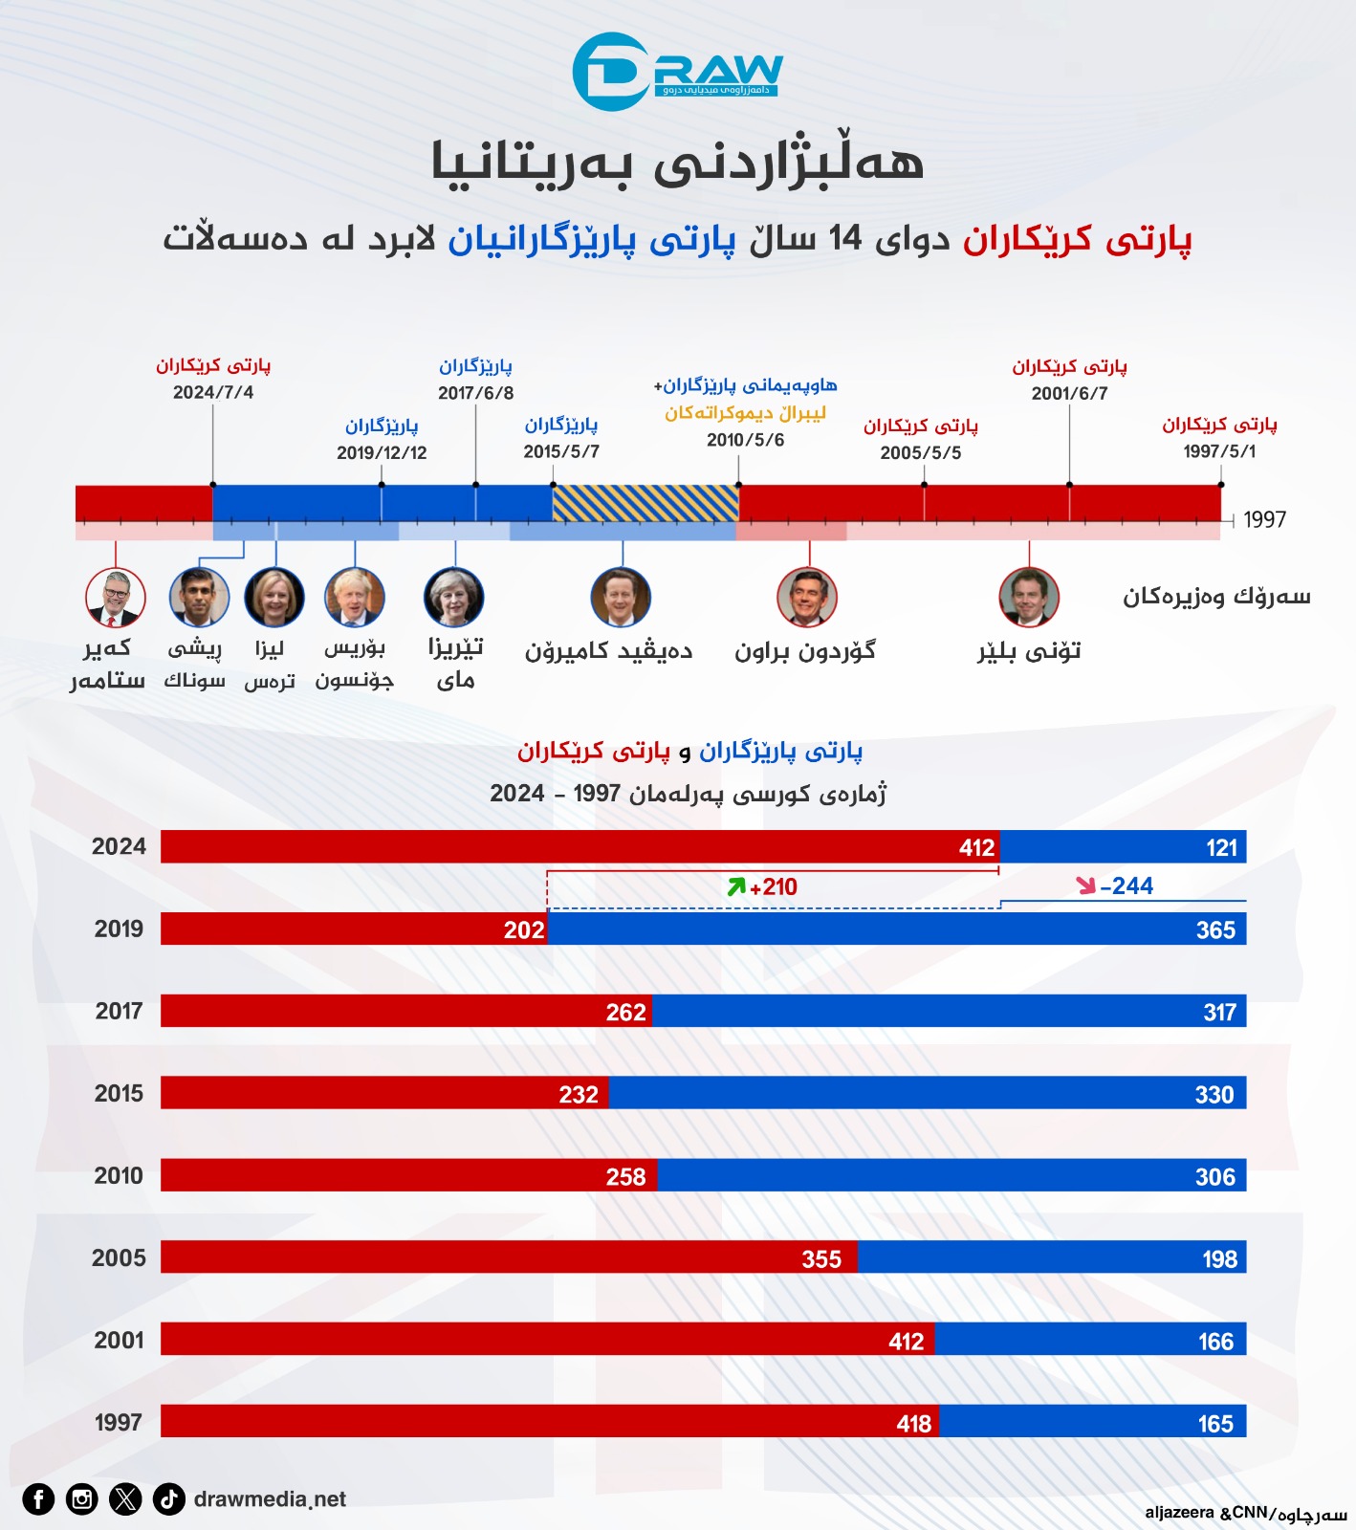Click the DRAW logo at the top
pyautogui.click(x=677, y=71)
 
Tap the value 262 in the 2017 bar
pyautogui.click(x=625, y=1012)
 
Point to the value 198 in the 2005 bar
pyautogui.click(x=1219, y=1258)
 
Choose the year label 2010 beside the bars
pyautogui.click(x=119, y=1175)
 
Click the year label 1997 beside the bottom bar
pyautogui.click(x=119, y=1422)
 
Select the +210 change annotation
pyautogui.click(x=774, y=887)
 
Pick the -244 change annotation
pyautogui.click(x=1126, y=886)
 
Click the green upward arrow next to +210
pyautogui.click(x=735, y=886)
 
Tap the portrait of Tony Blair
pyautogui.click(x=1029, y=597)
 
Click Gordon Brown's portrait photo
pyautogui.click(x=807, y=597)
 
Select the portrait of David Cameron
pyautogui.click(x=621, y=597)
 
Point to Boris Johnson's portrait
pyautogui.click(x=355, y=597)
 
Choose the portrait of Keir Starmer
pyautogui.click(x=116, y=597)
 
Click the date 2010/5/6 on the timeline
pyautogui.click(x=745, y=440)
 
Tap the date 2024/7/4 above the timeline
pyautogui.click(x=213, y=392)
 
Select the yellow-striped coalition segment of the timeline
pyautogui.click(x=645, y=503)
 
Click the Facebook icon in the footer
pyautogui.click(x=38, y=1498)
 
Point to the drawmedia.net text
pyautogui.click(x=270, y=1498)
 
